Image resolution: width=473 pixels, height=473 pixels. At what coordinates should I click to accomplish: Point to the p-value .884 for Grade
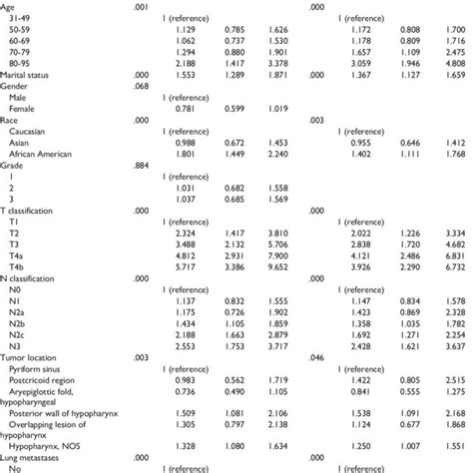(142, 165)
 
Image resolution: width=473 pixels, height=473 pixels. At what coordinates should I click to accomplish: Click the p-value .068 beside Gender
(142, 87)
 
